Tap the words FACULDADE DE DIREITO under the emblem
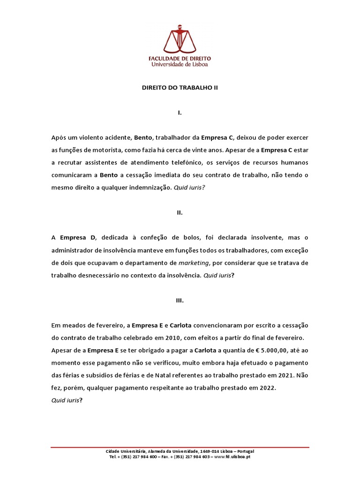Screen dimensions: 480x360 click(x=180, y=59)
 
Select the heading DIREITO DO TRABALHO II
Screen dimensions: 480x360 click(x=180, y=87)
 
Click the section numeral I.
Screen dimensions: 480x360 click(x=180, y=113)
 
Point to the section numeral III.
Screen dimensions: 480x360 click(x=180, y=301)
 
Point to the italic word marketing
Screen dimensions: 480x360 click(x=193, y=263)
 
